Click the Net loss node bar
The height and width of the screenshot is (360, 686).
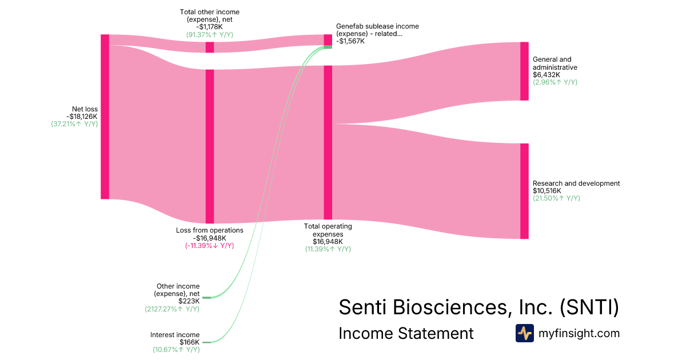(x=105, y=117)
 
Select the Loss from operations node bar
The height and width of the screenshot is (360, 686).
(x=210, y=146)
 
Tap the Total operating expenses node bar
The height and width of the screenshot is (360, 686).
(x=328, y=142)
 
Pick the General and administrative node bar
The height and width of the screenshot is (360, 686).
(x=524, y=71)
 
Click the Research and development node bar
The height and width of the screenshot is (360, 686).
(x=524, y=191)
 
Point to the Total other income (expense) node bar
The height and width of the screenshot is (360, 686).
(x=210, y=47)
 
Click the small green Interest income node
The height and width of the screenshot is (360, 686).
(x=206, y=342)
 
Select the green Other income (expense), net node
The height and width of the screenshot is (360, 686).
(x=206, y=298)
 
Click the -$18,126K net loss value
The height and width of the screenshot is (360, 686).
(x=82, y=117)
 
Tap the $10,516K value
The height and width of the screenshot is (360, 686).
(x=547, y=191)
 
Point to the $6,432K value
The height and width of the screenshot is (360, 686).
(x=546, y=74)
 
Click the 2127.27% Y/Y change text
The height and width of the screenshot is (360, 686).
(x=172, y=309)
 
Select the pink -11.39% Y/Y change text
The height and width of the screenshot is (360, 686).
(x=209, y=246)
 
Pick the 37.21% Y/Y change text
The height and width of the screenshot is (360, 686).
(x=74, y=125)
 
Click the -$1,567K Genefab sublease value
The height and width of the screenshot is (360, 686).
(x=350, y=42)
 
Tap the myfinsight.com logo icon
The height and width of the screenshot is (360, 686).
(x=524, y=333)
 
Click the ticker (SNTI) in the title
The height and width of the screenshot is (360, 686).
(x=588, y=307)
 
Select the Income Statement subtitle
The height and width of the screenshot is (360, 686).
(x=406, y=333)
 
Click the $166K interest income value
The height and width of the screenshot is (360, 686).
(x=189, y=342)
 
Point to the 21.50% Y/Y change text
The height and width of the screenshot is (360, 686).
(x=556, y=198)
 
